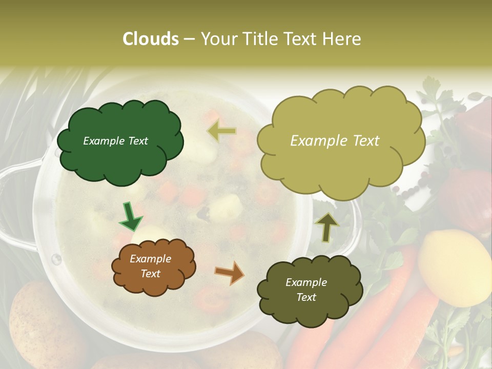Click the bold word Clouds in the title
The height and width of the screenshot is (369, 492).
(x=151, y=39)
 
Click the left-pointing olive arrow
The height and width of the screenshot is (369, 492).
(x=221, y=132)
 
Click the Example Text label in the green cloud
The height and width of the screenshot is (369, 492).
(x=115, y=141)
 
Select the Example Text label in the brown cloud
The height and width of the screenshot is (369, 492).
(x=150, y=266)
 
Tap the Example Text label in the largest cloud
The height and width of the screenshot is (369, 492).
(x=335, y=141)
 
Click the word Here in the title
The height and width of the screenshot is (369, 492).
(x=342, y=39)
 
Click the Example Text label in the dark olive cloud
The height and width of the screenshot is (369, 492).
(x=306, y=290)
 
